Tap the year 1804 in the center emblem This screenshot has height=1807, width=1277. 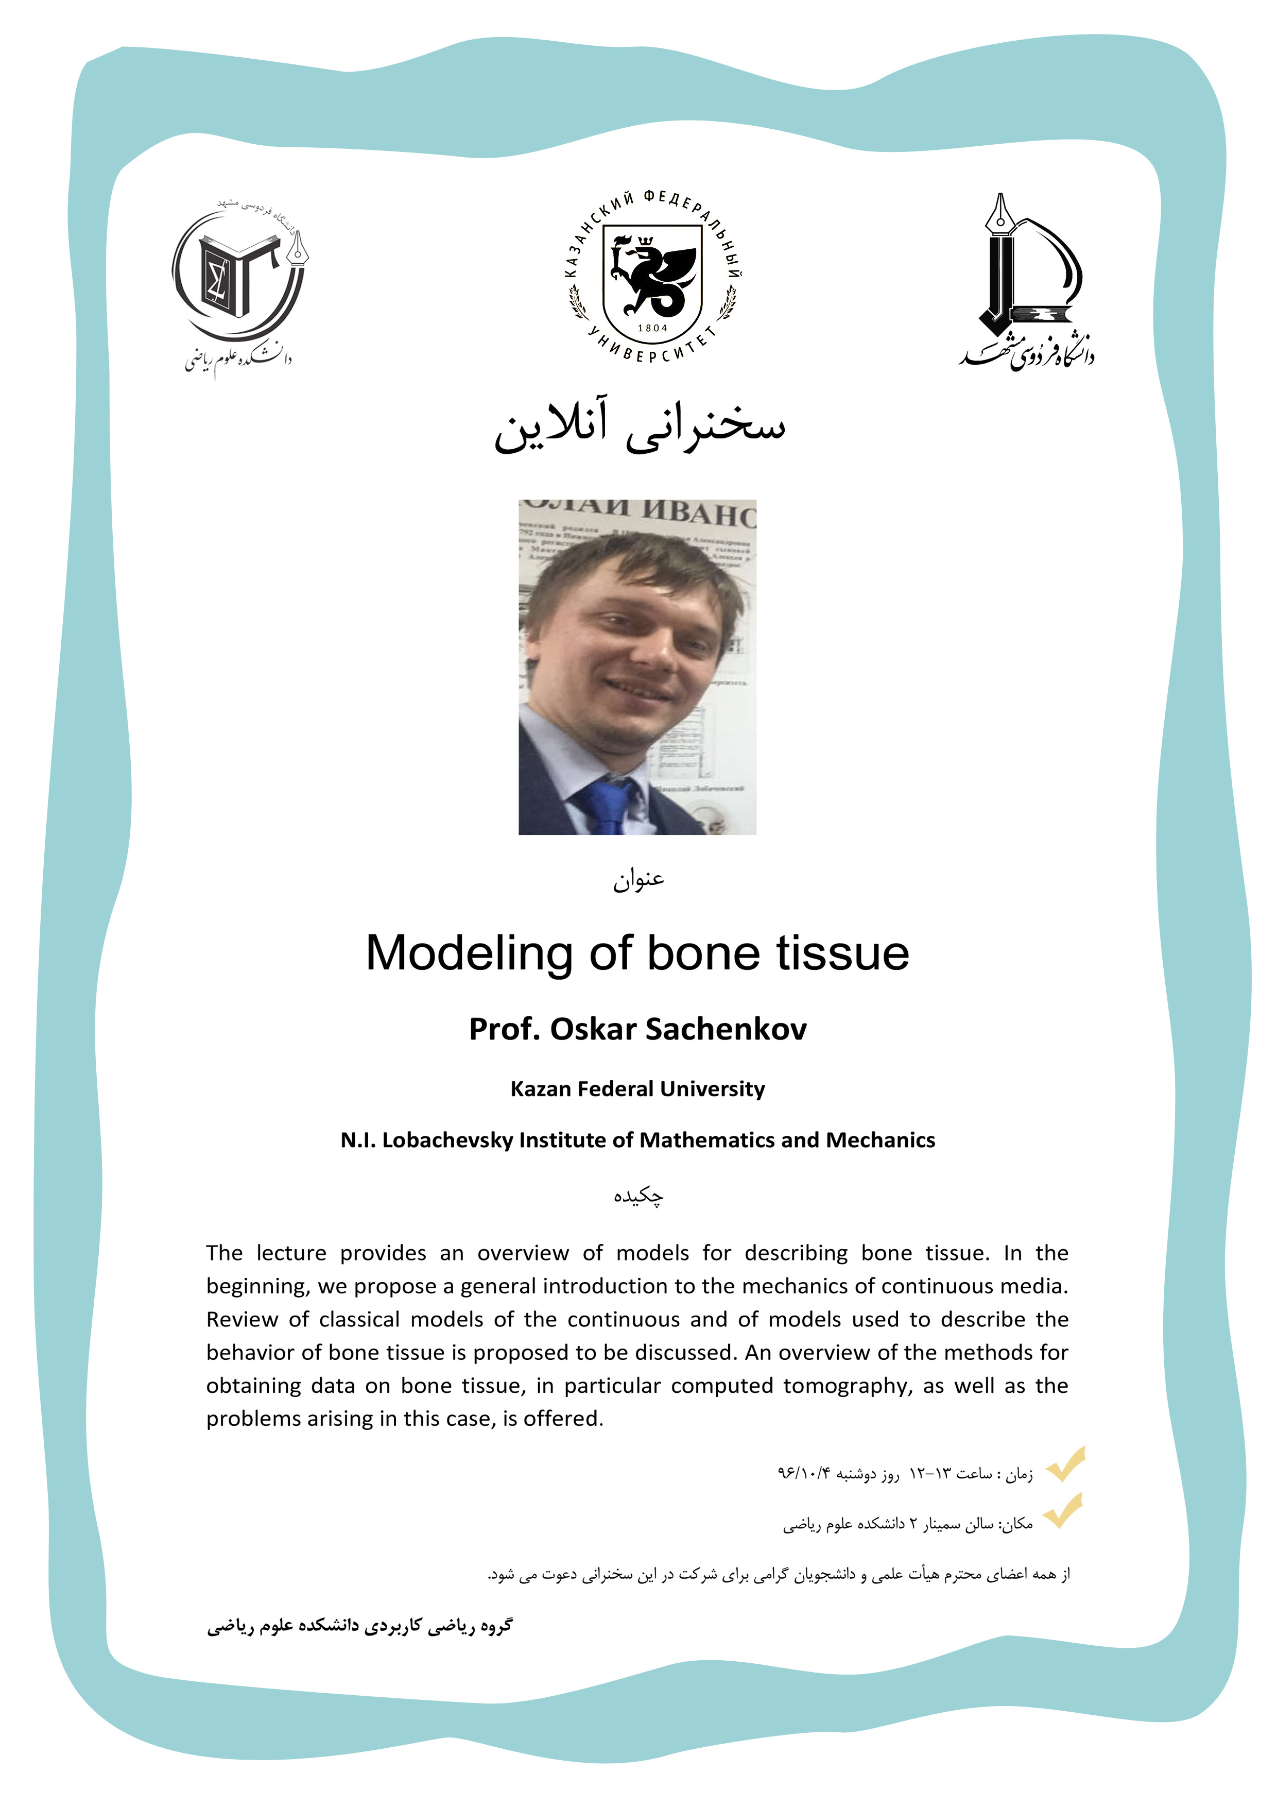pyautogui.click(x=652, y=328)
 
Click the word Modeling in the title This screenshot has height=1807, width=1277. pyautogui.click(x=469, y=954)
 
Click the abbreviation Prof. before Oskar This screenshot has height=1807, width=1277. pyautogui.click(x=504, y=1029)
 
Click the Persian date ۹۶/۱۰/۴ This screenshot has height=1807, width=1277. pyautogui.click(x=803, y=1473)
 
